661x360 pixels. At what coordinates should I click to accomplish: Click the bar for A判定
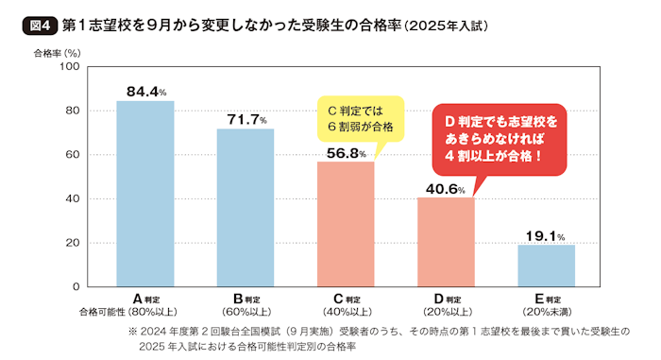[x=145, y=194]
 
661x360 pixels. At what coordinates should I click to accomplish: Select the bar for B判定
[x=246, y=208]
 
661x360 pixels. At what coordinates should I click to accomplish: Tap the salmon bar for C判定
[x=346, y=224]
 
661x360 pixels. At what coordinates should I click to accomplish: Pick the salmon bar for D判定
[x=446, y=242]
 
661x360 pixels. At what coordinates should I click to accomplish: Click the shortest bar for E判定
[x=546, y=266]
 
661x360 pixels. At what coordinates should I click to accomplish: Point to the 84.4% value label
[x=146, y=92]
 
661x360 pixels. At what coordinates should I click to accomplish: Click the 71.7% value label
[x=246, y=119]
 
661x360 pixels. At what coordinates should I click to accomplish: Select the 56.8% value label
[x=347, y=153]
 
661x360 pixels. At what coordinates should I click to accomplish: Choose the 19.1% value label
[x=546, y=236]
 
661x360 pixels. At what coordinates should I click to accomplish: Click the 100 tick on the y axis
[x=69, y=67]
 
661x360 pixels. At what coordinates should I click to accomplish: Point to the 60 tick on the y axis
[x=72, y=155]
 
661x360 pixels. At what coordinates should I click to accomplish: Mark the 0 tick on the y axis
[x=76, y=287]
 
